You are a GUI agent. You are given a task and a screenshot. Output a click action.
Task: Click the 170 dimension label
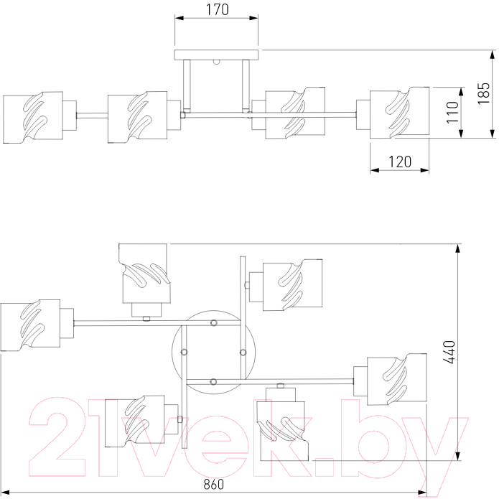click(218, 9)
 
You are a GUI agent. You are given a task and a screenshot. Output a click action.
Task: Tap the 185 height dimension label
click(483, 93)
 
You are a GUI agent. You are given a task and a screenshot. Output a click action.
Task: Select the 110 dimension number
click(452, 112)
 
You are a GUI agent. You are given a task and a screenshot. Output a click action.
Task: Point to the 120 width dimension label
click(400, 162)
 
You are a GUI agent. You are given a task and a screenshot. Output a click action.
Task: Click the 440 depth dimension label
click(449, 352)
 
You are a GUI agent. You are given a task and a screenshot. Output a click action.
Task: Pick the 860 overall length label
click(213, 484)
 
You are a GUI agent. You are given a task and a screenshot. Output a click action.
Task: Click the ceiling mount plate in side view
click(216, 55)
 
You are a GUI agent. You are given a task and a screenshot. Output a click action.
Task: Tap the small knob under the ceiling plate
click(217, 62)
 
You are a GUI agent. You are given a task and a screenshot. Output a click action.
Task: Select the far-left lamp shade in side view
click(33, 118)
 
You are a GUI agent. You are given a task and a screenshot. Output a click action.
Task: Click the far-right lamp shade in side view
click(399, 112)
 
